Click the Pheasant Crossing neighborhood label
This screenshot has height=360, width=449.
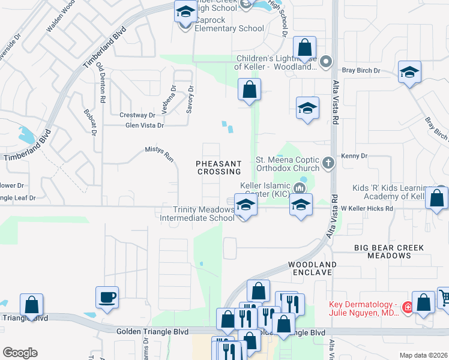click(x=218, y=167)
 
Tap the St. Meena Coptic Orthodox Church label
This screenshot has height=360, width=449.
click(x=288, y=164)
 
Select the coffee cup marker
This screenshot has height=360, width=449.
click(x=107, y=297)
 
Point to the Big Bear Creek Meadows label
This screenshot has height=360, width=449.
click(x=388, y=251)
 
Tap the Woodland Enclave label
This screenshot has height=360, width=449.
click(x=312, y=268)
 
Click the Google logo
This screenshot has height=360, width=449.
click(x=20, y=353)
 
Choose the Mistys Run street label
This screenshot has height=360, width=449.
click(x=159, y=155)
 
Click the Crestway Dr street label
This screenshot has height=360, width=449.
click(x=137, y=115)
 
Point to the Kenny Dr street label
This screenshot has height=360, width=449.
click(x=354, y=156)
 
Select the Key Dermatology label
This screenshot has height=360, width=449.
click(x=363, y=308)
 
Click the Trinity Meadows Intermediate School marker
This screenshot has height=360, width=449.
click(x=245, y=205)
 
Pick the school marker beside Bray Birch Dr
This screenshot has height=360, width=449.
click(x=409, y=73)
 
